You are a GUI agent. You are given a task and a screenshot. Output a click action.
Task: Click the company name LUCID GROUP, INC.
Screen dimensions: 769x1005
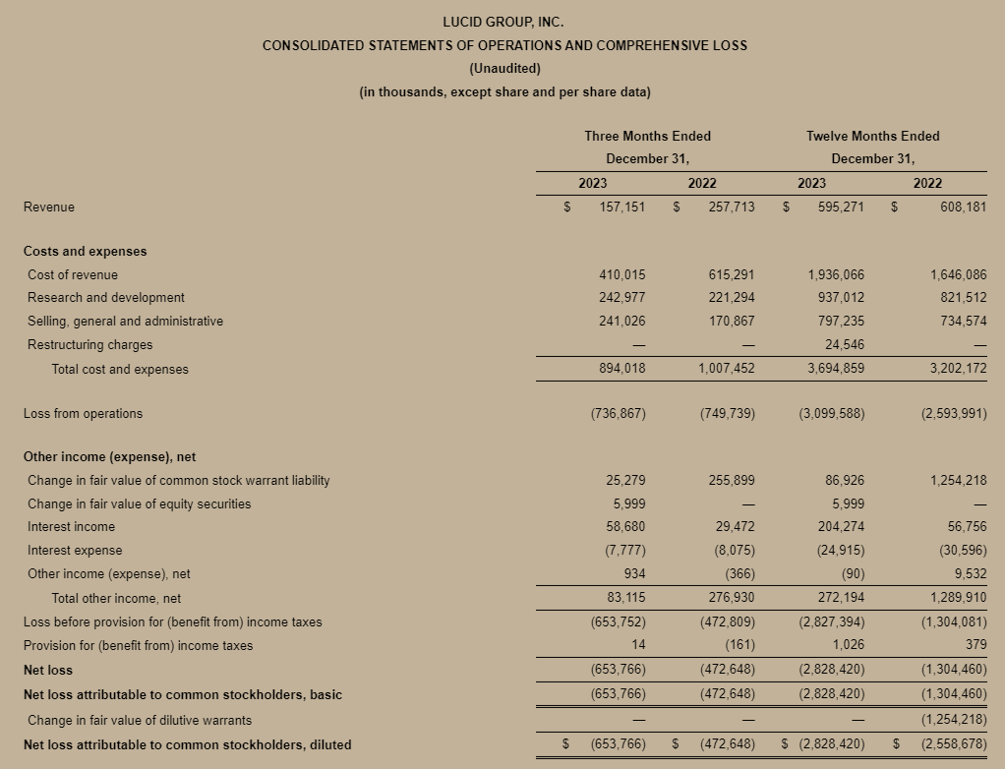504,22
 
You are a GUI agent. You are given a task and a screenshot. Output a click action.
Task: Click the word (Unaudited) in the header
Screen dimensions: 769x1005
504,69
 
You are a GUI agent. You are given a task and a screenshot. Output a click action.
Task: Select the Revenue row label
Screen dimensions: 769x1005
49,207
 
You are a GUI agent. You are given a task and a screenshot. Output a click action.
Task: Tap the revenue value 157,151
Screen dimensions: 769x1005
622,207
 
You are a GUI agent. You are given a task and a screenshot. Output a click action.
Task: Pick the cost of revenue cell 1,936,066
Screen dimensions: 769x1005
836,275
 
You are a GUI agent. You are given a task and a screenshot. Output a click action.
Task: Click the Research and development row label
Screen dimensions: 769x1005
106,298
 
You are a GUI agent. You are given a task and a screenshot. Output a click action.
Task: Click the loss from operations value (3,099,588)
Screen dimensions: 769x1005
832,414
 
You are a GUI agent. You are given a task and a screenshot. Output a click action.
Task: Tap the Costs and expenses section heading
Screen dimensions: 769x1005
85,252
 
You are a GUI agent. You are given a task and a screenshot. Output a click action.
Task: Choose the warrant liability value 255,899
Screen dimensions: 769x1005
732,481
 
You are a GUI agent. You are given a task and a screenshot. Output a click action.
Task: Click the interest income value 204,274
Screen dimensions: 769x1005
841,527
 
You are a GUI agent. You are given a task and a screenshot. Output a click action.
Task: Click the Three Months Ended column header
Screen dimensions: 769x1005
647,136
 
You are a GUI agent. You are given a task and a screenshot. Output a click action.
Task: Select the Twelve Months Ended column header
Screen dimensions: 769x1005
872,136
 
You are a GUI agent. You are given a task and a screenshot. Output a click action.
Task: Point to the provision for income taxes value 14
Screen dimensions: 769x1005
638,646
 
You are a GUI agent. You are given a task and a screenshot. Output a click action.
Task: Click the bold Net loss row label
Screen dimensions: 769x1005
48,671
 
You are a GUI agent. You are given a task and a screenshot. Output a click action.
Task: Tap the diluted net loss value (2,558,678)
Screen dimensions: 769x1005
953,744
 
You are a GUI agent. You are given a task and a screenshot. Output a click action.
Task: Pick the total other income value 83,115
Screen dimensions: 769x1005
625,598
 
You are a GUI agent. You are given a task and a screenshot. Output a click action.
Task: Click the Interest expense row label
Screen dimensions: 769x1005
75,551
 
